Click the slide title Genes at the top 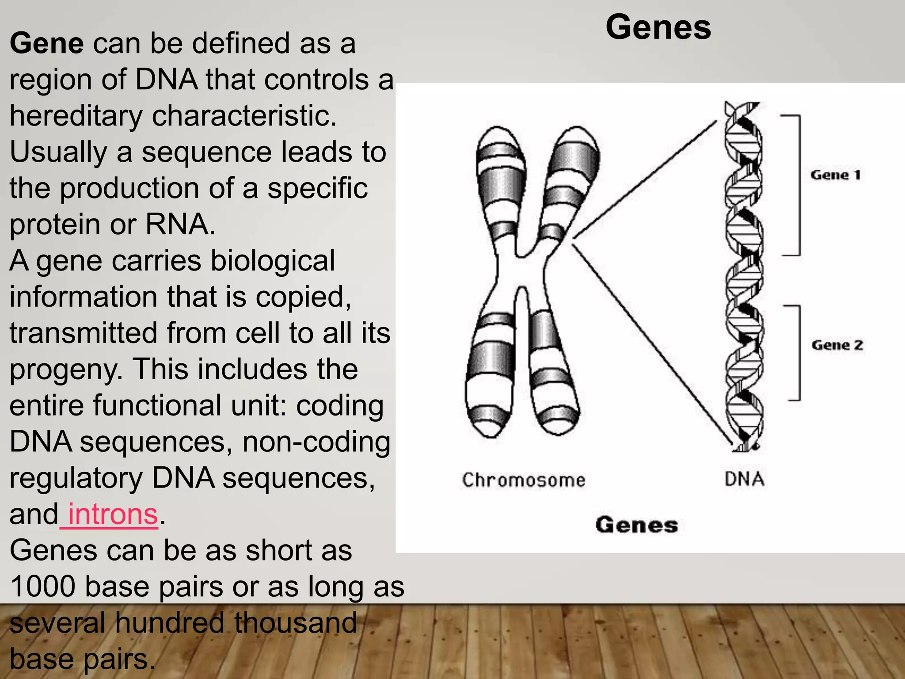pos(658,27)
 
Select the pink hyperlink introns pos(113,515)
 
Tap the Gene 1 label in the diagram pos(835,175)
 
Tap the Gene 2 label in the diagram pos(837,345)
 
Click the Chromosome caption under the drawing pos(524,480)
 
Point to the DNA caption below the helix pos(744,479)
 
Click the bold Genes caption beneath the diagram pos(636,525)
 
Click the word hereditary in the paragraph pos(76,116)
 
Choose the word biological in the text pos(273,261)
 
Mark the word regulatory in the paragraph pos(76,478)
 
